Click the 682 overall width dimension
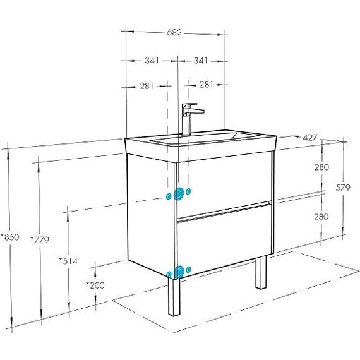coord(174,33)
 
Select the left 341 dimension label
coord(152,61)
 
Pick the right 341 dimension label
coord(201,61)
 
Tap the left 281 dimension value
coord(147,86)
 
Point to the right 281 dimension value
coord(207,85)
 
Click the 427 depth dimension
coord(310,138)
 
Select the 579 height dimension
coord(343,188)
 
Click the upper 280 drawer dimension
coord(321,167)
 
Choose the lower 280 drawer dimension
coord(321,217)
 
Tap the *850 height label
coord(10,237)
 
